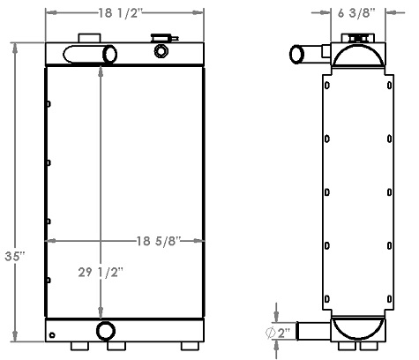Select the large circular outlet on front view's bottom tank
tap(106, 332)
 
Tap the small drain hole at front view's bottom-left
tap(55, 335)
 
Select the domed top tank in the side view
tap(358, 57)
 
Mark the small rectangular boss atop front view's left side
tap(88, 37)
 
